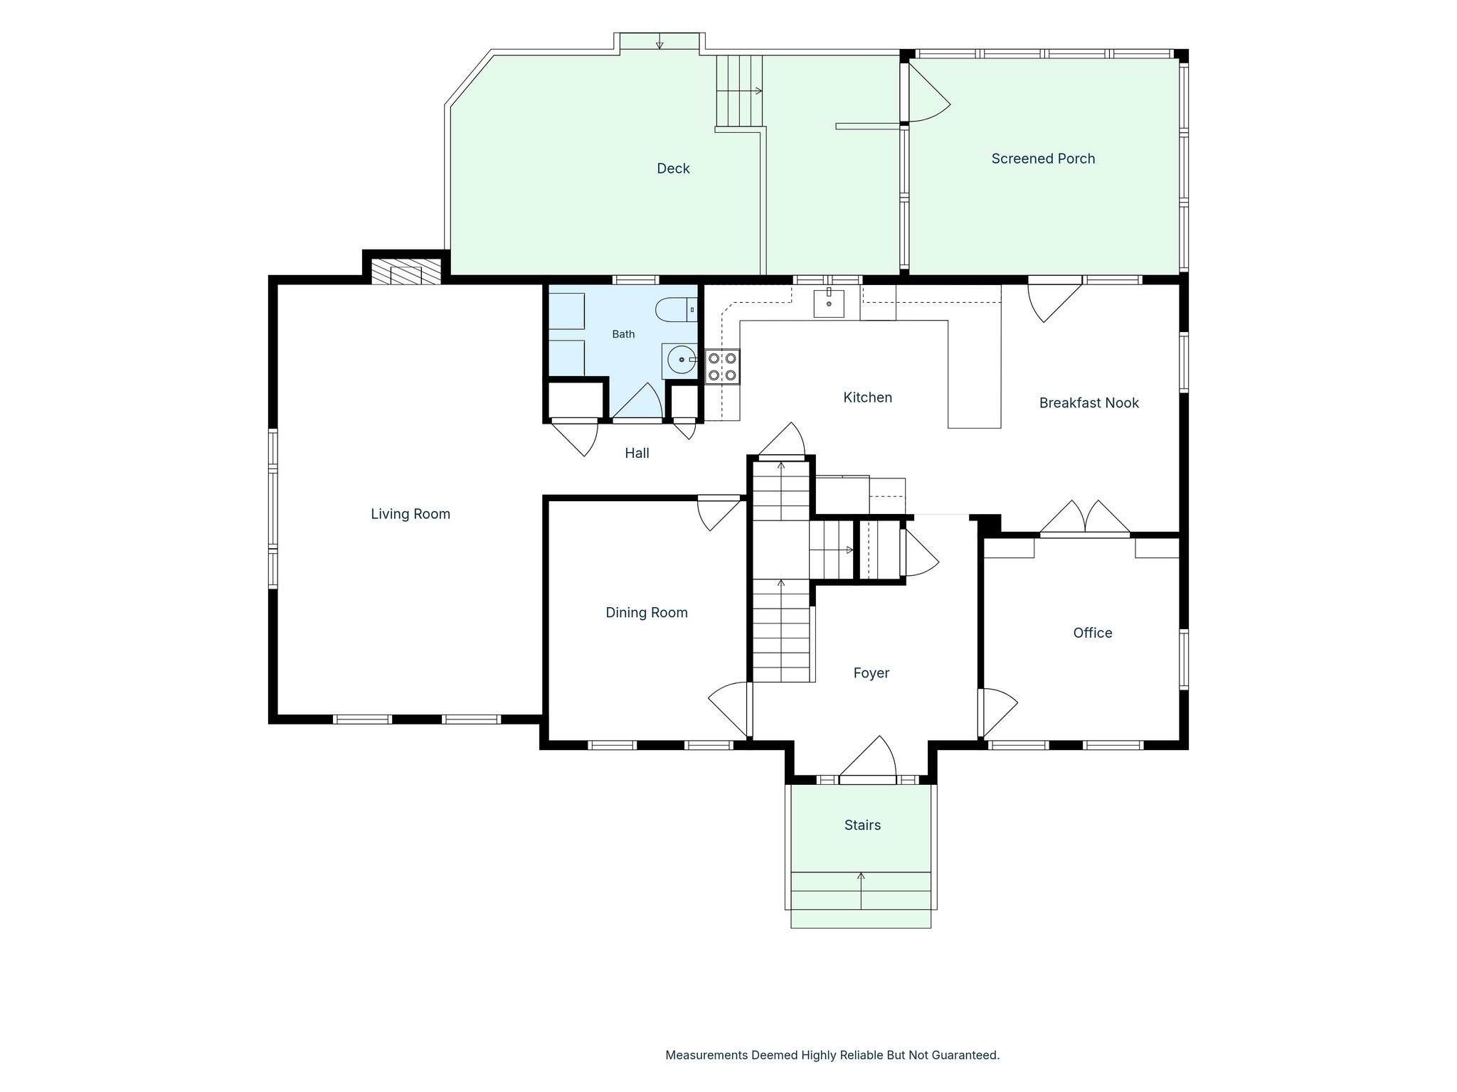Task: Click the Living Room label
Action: (410, 514)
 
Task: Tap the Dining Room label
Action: (647, 613)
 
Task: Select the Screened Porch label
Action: (1043, 159)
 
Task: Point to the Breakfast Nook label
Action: (1088, 403)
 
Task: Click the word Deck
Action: (673, 168)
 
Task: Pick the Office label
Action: (1092, 633)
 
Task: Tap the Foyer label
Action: (871, 673)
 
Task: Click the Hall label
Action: (637, 453)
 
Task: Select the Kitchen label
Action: (867, 397)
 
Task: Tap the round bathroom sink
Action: (681, 360)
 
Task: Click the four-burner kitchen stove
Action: (722, 367)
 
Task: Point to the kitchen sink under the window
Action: (829, 303)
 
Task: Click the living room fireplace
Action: (406, 271)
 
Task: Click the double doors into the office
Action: (1084, 517)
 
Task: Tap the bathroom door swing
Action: (638, 402)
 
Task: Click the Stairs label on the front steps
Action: (862, 825)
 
